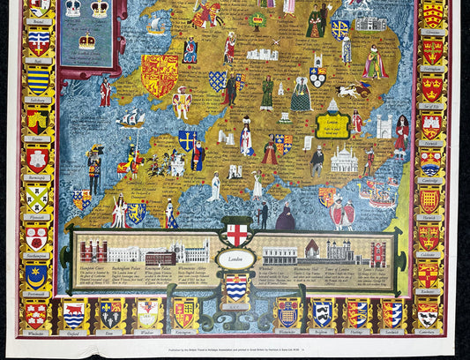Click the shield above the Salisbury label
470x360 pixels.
(x=37, y=80)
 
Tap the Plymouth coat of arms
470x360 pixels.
(x=37, y=197)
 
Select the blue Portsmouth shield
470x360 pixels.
(x=37, y=275)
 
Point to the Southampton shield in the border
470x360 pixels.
(x=37, y=236)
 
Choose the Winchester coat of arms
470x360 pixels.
(x=36, y=313)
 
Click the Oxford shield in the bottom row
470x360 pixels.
(x=73, y=313)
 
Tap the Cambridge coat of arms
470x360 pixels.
(x=430, y=160)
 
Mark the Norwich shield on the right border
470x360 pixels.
(x=430, y=124)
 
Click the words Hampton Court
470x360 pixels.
(x=92, y=270)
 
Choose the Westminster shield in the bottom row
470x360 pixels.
(x=287, y=313)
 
